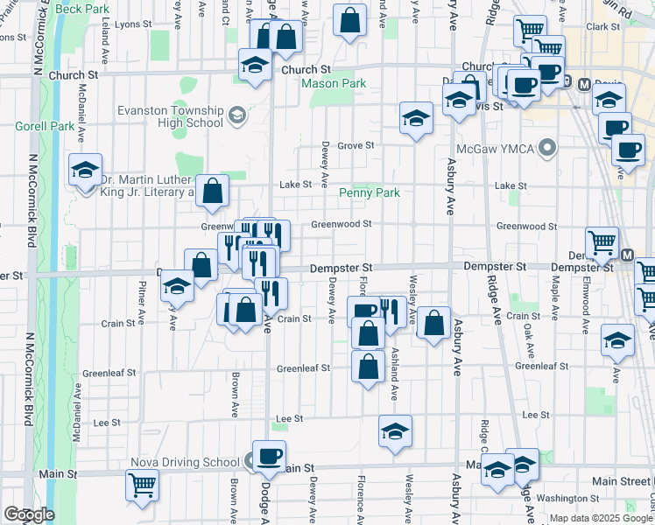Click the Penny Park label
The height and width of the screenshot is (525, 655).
coord(369,192)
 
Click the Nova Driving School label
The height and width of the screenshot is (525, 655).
coord(185,462)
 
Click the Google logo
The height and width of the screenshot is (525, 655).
coord(29,514)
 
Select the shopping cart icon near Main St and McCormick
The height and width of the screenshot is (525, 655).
coord(142,484)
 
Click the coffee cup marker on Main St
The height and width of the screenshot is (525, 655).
coord(269,456)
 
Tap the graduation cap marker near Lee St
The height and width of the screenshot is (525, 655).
coord(396,431)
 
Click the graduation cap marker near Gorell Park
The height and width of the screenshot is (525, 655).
coord(86,170)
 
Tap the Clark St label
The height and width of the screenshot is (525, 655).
coord(603,27)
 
